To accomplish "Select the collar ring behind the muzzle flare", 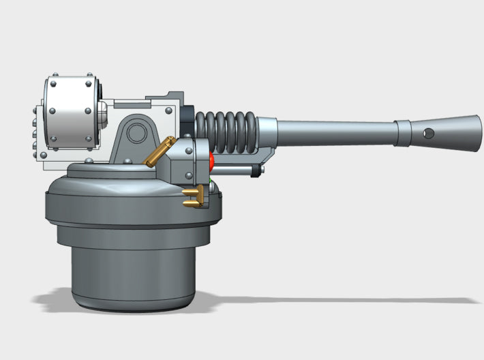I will [404, 132].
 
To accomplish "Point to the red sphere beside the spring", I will [211, 162].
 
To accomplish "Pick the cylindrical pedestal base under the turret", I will [133, 273].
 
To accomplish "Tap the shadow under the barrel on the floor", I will [341, 300].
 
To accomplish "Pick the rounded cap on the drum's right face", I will [100, 117].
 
